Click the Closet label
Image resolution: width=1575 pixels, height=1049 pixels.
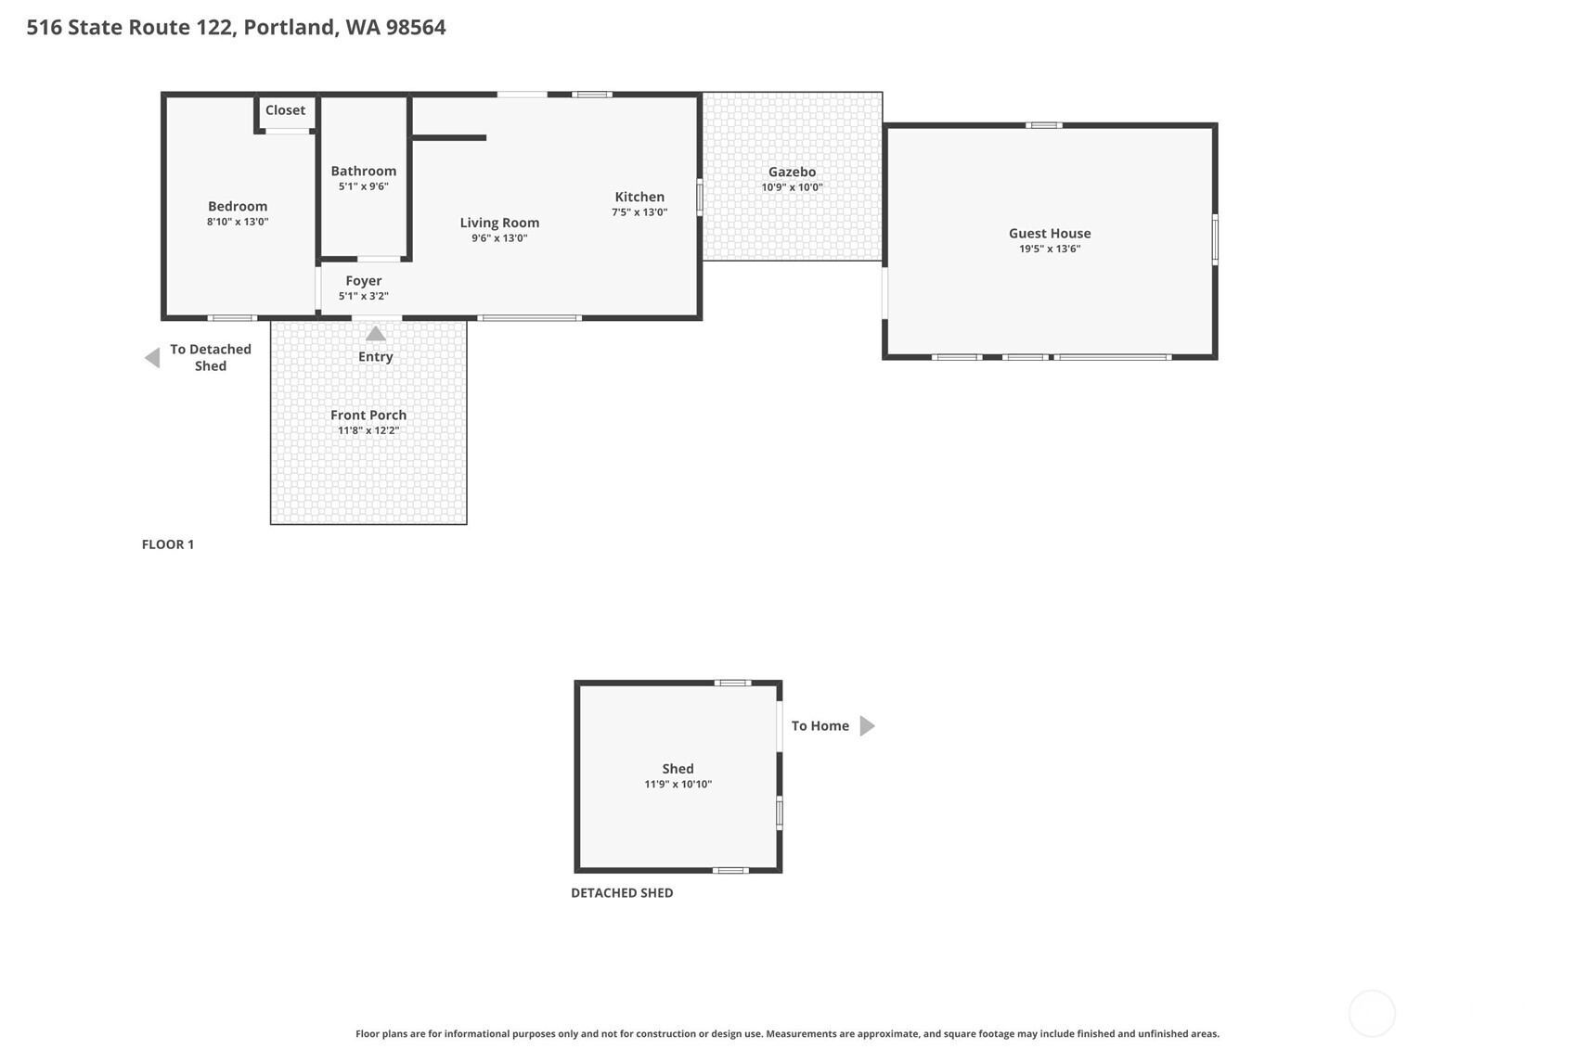pos(285,110)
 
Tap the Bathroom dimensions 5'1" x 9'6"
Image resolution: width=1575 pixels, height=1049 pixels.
pos(364,186)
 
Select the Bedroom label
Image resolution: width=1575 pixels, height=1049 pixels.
pos(238,206)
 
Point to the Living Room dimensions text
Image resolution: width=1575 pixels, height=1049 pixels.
pos(499,238)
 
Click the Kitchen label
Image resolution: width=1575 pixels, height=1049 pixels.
pos(639,197)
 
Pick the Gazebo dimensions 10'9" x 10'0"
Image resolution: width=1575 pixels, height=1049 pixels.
pos(792,187)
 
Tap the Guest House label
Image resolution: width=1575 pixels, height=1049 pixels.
pos(1050,234)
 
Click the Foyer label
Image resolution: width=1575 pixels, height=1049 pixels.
pos(364,280)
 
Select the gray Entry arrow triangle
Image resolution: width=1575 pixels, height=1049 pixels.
pos(376,333)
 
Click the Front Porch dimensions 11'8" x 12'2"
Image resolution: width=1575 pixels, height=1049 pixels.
pos(368,430)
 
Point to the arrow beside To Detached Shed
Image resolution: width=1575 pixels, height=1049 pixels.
pos(152,358)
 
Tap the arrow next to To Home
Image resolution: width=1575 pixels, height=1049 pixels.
pos(868,726)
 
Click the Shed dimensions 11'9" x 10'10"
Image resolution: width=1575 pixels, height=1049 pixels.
pos(678,784)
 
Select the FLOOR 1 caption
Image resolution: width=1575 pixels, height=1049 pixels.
pos(168,544)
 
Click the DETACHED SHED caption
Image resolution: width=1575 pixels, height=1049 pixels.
pos(622,893)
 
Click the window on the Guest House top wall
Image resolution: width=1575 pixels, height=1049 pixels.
pos(1043,125)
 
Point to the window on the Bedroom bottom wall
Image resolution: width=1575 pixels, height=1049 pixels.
pos(232,317)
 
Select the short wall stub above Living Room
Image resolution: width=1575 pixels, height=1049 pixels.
pos(449,137)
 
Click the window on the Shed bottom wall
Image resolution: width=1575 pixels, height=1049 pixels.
pos(730,871)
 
